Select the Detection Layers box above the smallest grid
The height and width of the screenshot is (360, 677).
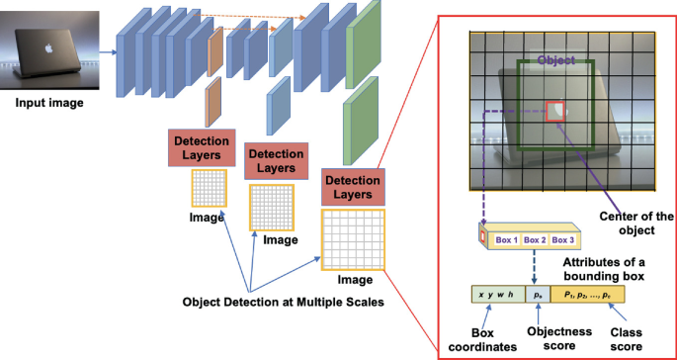202,147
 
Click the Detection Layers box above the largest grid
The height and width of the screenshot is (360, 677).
353,188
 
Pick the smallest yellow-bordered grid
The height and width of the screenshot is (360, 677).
209,187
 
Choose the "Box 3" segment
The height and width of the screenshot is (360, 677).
565,239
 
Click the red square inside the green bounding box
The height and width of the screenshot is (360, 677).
555,111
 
